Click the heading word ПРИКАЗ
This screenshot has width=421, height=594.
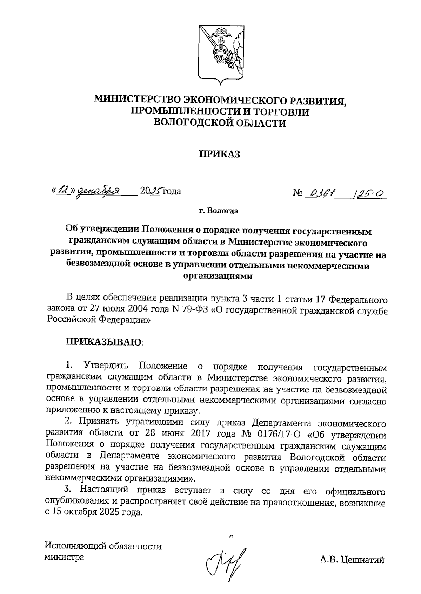coord(220,154)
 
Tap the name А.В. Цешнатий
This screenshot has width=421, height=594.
coord(352,560)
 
